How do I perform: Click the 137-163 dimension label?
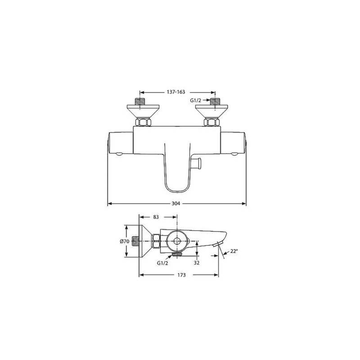(176, 92)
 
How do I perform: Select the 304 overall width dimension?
(176, 204)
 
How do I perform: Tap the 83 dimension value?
(156, 217)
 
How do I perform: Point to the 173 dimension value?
(182, 275)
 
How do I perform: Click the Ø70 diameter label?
(124, 241)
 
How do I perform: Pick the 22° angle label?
(233, 251)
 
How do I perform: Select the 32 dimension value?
(196, 263)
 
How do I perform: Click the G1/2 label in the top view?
(195, 100)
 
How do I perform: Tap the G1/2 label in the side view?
(163, 263)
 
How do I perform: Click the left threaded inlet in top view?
(140, 101)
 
